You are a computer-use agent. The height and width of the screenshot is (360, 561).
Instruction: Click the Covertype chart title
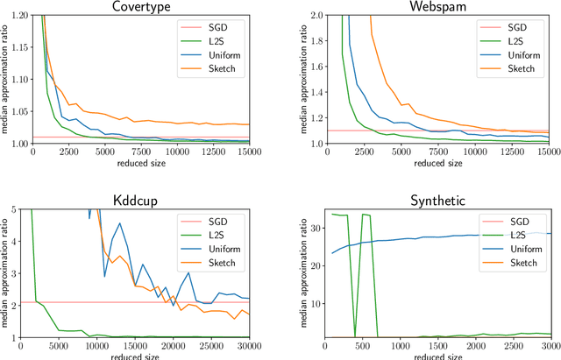[x=141, y=7]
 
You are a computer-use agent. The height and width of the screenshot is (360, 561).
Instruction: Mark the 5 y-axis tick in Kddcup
[x=24, y=208]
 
